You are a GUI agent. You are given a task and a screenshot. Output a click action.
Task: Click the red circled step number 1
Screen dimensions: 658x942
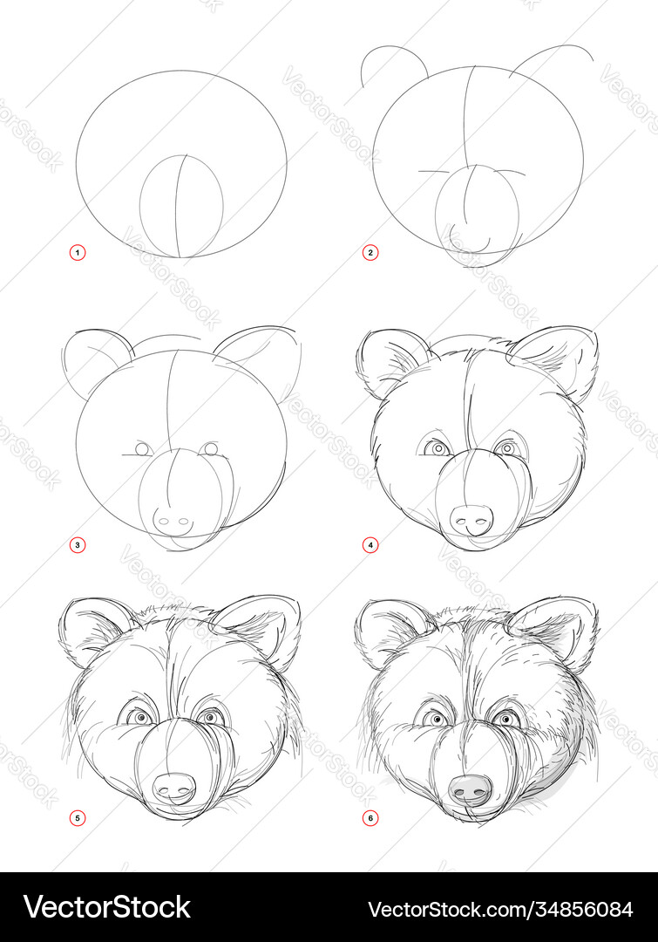coord(78,252)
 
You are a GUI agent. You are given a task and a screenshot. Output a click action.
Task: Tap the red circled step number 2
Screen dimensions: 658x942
coord(370,252)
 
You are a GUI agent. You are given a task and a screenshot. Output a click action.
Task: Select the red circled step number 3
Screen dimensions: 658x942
coord(78,545)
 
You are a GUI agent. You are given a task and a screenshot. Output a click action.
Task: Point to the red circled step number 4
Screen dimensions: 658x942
coord(370,545)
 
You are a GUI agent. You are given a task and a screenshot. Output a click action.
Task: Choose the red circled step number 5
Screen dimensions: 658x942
coord(78,817)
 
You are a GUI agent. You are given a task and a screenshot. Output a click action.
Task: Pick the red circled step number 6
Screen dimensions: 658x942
coord(370,817)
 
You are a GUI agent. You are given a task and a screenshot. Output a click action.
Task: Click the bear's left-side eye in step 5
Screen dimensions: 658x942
coord(142,717)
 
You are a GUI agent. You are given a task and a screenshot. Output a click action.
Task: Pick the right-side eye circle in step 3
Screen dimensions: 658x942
coord(209,449)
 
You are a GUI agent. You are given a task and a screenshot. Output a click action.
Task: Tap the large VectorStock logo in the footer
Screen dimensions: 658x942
coord(107,907)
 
